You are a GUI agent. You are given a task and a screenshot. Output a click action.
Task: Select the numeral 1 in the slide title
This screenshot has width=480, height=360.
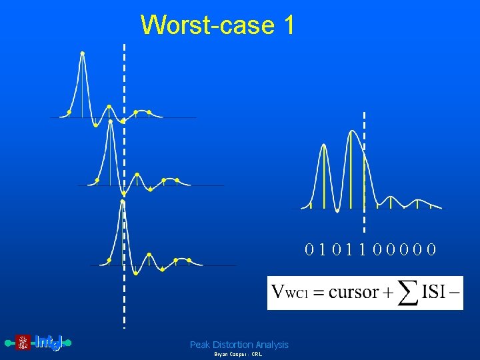click(288, 25)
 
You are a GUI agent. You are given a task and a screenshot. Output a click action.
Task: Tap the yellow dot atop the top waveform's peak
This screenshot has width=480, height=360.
click(83, 53)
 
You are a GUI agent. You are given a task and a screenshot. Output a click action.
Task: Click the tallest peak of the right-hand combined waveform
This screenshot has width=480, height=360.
click(351, 132)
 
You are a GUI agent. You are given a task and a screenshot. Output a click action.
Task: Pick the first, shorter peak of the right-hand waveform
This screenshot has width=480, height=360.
click(323, 145)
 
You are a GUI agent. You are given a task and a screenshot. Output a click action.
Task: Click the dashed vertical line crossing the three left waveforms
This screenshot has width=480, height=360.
click(124, 167)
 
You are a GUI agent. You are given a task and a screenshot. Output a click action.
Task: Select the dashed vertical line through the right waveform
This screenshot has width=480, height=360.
click(364, 167)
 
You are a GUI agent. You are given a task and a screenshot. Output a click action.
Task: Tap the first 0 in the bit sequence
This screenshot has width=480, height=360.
click(309, 250)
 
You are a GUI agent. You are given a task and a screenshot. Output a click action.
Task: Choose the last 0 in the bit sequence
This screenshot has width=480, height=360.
click(432, 250)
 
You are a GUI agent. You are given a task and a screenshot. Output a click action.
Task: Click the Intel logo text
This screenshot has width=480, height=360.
click(49, 343)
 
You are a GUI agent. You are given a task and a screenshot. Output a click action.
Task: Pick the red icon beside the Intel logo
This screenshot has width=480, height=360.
click(23, 343)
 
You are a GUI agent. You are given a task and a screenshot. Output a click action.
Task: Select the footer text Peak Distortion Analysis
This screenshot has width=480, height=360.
click(239, 345)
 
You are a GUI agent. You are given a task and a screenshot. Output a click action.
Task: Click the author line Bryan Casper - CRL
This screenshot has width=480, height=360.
click(238, 355)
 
